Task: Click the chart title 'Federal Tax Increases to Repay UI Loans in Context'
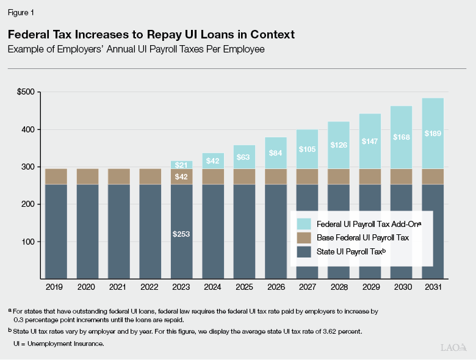(x=151, y=35)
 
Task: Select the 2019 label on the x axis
(x=56, y=286)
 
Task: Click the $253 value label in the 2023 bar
(x=181, y=234)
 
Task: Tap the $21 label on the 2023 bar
(x=181, y=165)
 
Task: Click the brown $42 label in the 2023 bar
(x=181, y=177)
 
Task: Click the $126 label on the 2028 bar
(x=338, y=145)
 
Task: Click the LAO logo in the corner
(x=453, y=347)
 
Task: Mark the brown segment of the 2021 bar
(x=118, y=176)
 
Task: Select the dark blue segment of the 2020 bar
(x=87, y=232)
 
